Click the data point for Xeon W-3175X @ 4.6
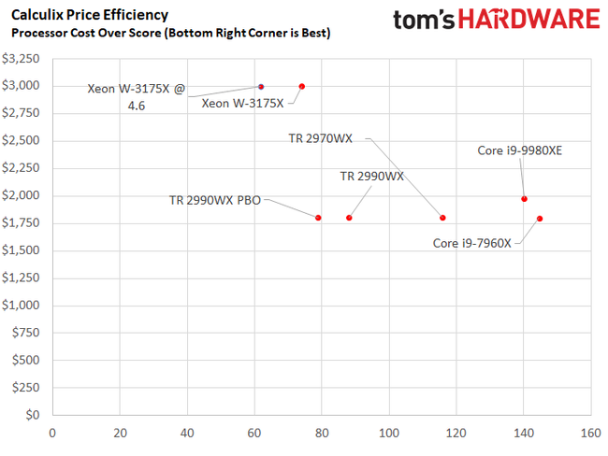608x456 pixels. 261,87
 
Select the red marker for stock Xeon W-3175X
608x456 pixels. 301,86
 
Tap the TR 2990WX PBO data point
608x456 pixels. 318,218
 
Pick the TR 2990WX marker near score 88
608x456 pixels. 349,218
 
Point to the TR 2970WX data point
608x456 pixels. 442,218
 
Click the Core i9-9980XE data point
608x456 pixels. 524,198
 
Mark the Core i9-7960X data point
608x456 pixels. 540,219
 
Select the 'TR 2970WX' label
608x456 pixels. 321,138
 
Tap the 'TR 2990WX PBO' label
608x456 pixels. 214,199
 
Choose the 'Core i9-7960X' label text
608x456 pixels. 471,243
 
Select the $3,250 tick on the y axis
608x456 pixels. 22,58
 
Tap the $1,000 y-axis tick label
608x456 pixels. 22,305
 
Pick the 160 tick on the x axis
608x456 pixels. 589,433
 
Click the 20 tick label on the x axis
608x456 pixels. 120,433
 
